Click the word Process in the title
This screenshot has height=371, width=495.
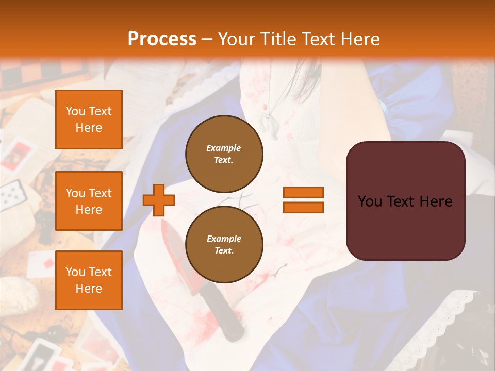[162, 39]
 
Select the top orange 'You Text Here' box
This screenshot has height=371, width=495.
[89, 120]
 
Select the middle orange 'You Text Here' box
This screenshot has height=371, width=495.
[89, 201]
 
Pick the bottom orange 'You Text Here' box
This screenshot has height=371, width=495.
[89, 280]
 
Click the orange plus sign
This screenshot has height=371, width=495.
[159, 200]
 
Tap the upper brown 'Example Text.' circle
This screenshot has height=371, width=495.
[224, 154]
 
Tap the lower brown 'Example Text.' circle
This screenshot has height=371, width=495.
[224, 245]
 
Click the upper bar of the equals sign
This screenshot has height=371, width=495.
[303, 192]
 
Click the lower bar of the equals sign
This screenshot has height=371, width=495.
[303, 207]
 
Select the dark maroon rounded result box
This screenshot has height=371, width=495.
[405, 201]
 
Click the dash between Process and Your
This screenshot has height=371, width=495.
[207, 39]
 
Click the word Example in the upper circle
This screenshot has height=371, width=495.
[224, 148]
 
